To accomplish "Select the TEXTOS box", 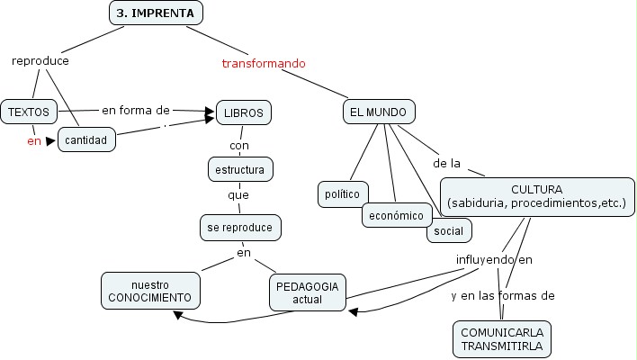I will point(29,112).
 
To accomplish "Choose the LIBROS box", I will point(243,112).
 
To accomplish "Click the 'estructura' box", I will point(239,168).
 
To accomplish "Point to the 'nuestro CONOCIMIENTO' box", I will point(150,290).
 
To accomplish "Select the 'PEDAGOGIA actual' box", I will point(307,292).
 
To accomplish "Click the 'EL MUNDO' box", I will point(379,112).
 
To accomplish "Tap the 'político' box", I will point(342,193).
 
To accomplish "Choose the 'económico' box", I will point(397,216).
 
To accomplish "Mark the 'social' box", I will point(448,231).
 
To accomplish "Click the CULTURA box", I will point(536,197).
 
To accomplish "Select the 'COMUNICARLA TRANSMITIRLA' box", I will point(500,338).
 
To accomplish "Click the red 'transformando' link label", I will point(264,64).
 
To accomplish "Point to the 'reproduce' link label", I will point(40,61).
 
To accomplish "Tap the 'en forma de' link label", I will point(135,110).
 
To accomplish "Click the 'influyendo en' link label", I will point(494,260).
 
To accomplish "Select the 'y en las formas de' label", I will point(502,295).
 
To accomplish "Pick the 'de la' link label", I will point(446,164).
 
